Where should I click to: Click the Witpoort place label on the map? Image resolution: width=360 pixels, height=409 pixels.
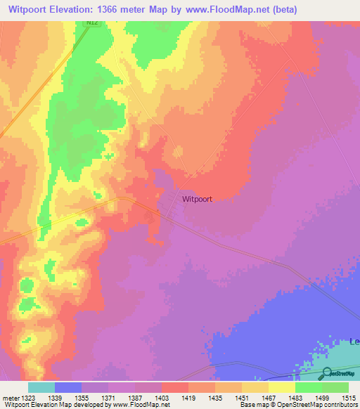click(197, 199)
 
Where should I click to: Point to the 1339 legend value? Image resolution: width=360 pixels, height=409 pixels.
click(54, 398)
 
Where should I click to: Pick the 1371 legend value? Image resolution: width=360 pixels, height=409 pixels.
click(108, 398)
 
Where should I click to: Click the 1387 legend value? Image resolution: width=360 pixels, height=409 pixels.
click(135, 398)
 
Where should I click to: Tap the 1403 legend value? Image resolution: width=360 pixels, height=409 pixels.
click(162, 398)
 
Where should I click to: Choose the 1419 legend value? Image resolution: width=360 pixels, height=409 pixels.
click(188, 398)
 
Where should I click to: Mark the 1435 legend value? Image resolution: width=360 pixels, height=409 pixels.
click(215, 398)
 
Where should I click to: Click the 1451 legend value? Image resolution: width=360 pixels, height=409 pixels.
click(242, 398)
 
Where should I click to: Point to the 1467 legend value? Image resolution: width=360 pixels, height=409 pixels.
click(269, 398)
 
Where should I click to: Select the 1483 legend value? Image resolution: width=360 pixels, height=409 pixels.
click(295, 398)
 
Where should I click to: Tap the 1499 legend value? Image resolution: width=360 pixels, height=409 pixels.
click(322, 398)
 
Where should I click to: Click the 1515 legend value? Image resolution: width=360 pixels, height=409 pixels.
click(349, 398)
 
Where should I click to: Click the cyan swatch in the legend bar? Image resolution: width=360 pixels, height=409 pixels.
click(41, 387)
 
